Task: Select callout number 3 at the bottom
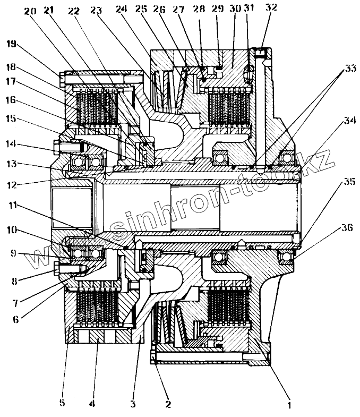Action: pyautogui.click(x=133, y=404)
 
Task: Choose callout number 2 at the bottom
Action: pyautogui.click(x=168, y=404)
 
